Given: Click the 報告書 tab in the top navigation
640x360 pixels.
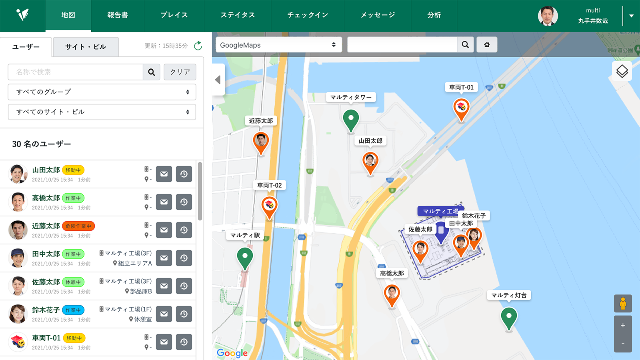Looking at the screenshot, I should pos(118,15).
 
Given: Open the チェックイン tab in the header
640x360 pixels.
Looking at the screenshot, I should pos(308,15).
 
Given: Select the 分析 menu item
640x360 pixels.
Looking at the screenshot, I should pos(434,15).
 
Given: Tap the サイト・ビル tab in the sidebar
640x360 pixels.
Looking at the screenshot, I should pos(86,47).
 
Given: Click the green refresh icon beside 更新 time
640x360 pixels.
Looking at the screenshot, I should pos(198,46).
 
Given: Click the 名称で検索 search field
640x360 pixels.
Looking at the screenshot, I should pos(76,72).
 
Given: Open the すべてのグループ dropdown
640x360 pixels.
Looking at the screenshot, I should pos(102,92).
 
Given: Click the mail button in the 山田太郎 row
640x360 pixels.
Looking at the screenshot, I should pos(164,174).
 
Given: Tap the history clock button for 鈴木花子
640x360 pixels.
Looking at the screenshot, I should pos(184,314).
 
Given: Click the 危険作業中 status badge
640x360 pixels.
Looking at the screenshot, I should pos(78,226).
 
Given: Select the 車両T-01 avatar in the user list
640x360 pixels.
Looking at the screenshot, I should pos(18,342).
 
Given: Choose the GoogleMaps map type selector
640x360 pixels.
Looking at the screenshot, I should pos(278,45).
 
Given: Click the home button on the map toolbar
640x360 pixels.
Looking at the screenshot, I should pos(487,45).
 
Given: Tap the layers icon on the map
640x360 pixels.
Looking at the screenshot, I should pos(622,72).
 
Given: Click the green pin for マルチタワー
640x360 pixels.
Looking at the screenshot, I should pos(351,119).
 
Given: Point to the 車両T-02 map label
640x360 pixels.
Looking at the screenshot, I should pos(270,185).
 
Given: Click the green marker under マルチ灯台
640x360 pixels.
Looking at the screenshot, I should pos(509,317).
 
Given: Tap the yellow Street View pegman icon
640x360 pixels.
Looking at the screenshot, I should pos(623,304).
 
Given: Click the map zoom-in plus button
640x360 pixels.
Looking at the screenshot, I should pos(623,325).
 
